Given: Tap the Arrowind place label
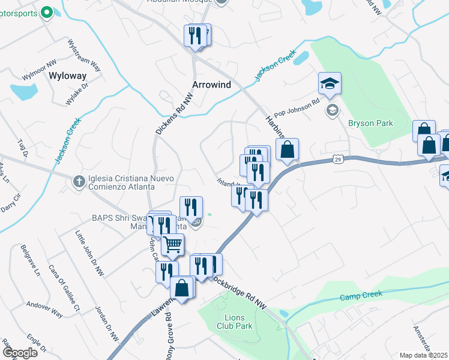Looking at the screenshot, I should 211,85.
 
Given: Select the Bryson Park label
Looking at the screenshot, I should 370,123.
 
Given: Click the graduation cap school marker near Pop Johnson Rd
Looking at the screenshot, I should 329,84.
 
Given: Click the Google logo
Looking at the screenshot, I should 20,353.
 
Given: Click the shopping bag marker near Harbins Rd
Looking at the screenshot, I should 288,149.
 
